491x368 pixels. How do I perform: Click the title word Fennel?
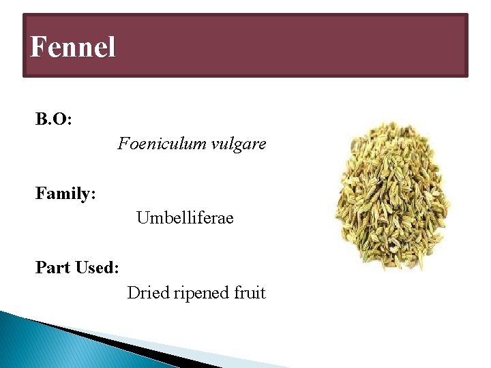[x=73, y=48]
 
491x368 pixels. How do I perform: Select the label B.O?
[x=54, y=120]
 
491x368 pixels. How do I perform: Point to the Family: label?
[x=65, y=194]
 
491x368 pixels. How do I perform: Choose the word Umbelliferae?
[x=185, y=218]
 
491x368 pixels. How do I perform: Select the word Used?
[x=96, y=268]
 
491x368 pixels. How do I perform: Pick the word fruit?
[x=250, y=293]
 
